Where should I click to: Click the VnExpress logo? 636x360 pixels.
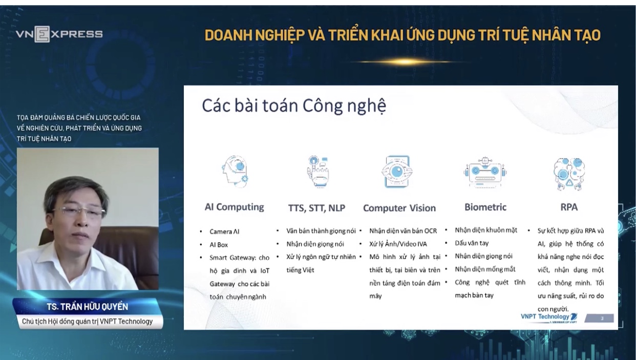59,34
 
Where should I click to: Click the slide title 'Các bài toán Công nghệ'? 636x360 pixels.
294,106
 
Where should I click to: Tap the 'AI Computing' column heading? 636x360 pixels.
234,207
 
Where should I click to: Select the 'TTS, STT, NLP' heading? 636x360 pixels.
316,208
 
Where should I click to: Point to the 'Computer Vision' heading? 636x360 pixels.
399,208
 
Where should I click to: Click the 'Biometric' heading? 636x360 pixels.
485,207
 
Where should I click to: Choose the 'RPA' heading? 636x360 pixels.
569,207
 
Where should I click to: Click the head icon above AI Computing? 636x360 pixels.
235,172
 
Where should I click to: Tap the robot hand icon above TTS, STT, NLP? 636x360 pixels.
318,171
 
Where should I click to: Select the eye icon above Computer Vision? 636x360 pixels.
397,172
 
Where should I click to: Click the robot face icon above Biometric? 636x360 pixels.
485,172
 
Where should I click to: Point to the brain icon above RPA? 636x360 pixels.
569,174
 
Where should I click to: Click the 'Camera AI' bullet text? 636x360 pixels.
224,231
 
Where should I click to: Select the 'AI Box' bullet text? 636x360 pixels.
219,245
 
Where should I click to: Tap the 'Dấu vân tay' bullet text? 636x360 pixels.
472,243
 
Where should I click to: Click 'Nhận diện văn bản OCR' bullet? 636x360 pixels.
403,231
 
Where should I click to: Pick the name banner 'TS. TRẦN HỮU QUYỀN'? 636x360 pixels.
88,307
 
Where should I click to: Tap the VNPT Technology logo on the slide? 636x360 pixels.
549,317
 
